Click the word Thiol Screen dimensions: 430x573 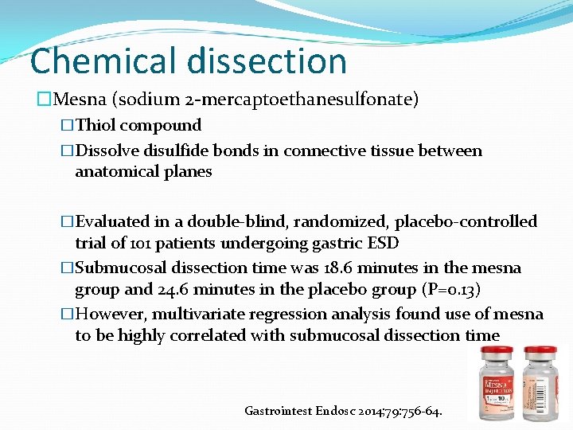click(96, 125)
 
